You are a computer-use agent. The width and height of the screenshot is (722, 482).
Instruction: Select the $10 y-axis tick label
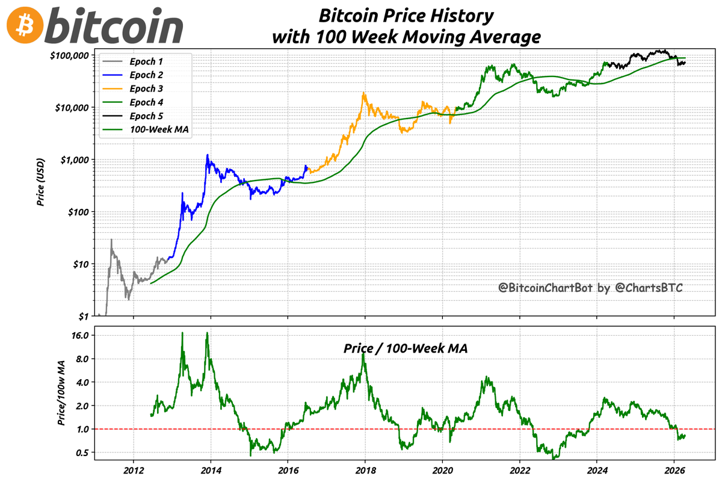pos(79,264)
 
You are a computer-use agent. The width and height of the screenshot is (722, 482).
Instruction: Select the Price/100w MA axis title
pos(61,394)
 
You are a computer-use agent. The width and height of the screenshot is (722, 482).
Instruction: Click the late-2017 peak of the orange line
pos(363,93)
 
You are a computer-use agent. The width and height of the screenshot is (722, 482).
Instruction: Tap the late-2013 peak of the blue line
pos(208,155)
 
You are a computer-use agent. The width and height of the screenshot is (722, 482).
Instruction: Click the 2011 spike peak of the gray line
pos(111,239)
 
